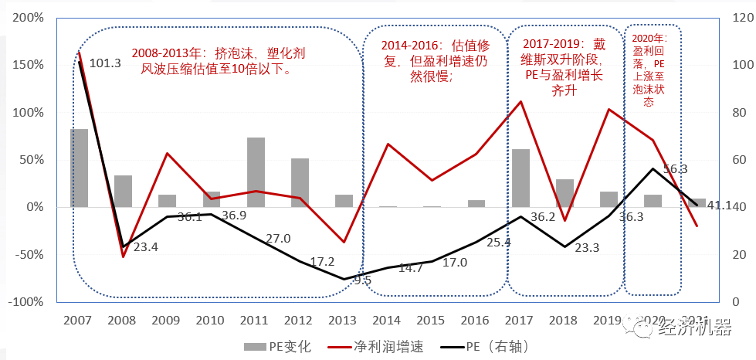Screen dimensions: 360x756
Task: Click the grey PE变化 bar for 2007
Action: point(79,168)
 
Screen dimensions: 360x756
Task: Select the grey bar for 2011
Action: point(256,172)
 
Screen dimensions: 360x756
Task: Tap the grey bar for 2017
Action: point(520,178)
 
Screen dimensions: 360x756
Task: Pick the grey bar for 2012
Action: point(300,183)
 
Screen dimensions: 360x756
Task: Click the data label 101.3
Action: point(106,63)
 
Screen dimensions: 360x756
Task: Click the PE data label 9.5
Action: point(362,280)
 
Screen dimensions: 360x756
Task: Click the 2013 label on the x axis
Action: point(344,320)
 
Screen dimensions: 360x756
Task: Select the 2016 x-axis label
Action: point(476,320)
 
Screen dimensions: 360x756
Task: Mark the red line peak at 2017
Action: point(520,101)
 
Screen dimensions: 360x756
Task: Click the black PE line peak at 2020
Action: point(653,168)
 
